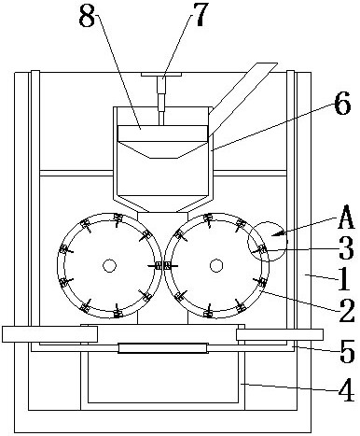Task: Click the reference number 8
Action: tap(87, 15)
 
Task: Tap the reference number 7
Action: tap(199, 14)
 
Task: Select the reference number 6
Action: tap(343, 104)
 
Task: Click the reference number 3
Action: tap(346, 248)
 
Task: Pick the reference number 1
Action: tap(343, 278)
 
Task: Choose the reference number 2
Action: tap(346, 310)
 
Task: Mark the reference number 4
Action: tap(346, 390)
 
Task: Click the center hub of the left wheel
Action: tap(109, 266)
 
